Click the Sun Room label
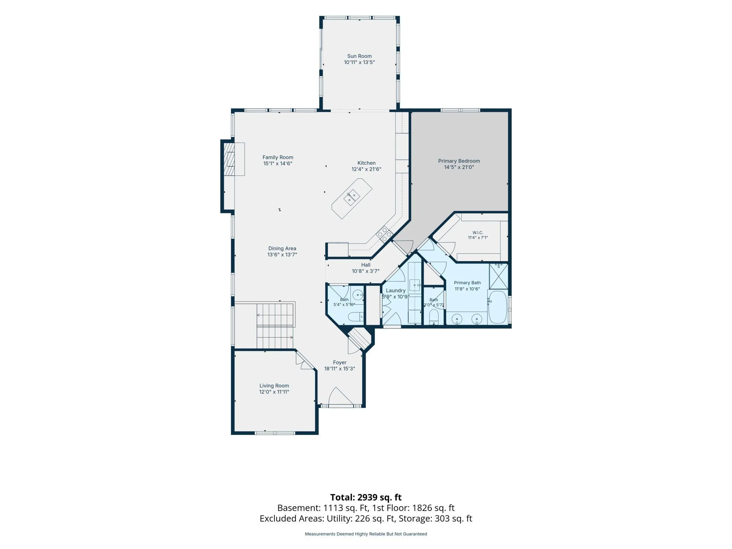point(359,56)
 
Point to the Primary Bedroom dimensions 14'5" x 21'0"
point(459,167)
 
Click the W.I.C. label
point(478,233)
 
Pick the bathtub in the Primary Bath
point(497,307)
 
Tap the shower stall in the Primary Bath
point(499,276)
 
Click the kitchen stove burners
point(384,234)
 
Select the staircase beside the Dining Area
point(275,326)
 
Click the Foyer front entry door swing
point(341,396)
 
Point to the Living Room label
point(274,386)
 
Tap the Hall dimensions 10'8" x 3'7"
point(366,271)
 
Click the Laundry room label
point(396,290)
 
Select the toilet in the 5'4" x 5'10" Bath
point(355,317)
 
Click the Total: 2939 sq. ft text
point(366,497)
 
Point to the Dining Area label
point(282,248)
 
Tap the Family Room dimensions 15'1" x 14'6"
point(278,164)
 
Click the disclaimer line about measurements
point(366,534)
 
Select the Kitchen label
point(366,163)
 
